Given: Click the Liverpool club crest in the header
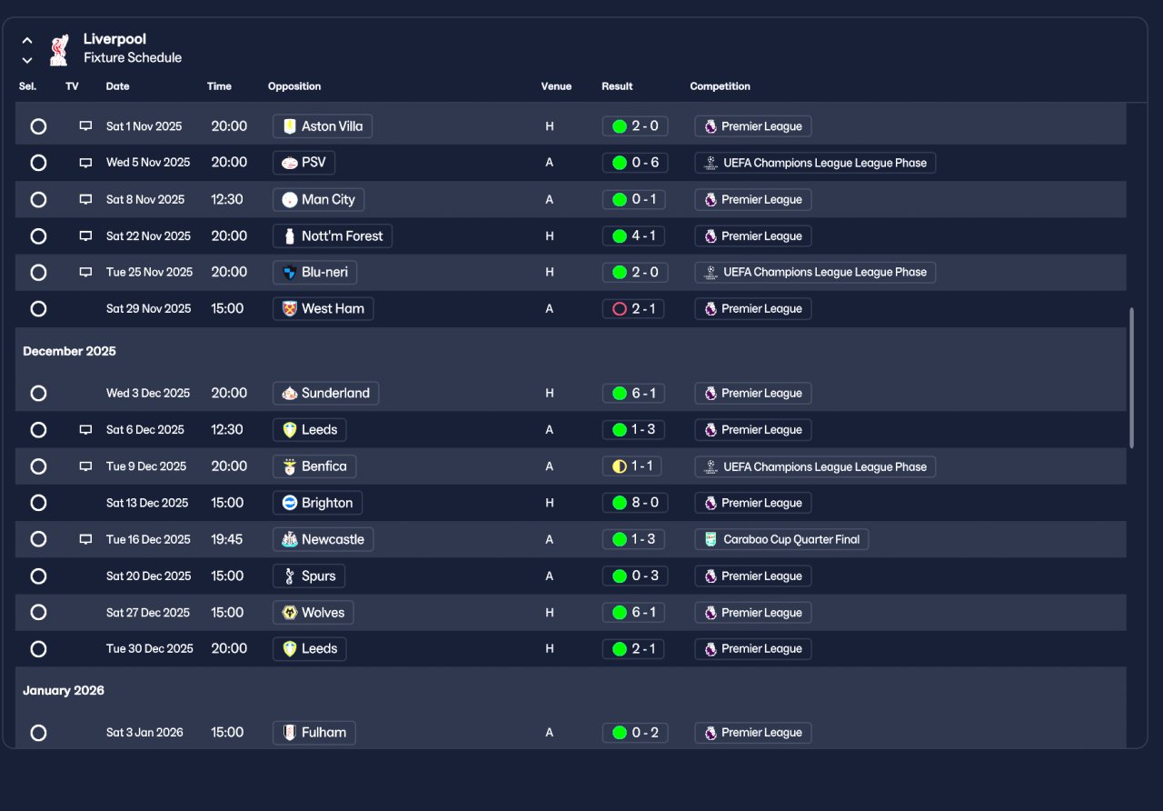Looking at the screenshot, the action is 59,50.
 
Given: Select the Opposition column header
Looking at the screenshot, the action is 293,86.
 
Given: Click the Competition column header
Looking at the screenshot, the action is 720,86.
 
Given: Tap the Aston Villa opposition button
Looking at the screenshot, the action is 323,126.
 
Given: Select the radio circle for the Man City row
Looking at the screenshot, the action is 38,199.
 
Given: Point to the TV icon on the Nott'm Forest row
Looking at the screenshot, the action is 85,235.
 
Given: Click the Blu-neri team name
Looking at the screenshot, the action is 324,272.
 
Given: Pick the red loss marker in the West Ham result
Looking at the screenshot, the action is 620,309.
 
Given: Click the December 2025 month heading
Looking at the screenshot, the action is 69,351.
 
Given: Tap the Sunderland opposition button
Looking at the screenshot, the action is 325,394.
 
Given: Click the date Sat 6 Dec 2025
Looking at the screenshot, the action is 144,430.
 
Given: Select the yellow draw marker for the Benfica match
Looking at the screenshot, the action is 620,466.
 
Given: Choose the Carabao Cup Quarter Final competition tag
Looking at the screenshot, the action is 781,539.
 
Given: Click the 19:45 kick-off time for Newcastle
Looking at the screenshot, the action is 227,539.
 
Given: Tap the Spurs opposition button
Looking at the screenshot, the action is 309,576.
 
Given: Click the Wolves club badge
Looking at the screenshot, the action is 289,613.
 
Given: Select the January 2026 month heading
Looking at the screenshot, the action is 64,690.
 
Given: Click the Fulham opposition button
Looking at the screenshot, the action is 314,733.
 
